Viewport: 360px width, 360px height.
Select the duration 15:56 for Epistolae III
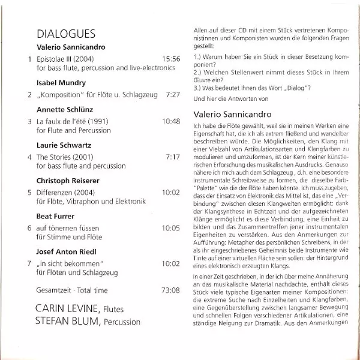coord(171,59)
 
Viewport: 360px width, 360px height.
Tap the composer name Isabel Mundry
coord(61,83)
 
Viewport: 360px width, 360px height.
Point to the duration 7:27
coord(173,95)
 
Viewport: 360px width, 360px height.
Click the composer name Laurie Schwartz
coord(65,144)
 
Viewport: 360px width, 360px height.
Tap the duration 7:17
coord(173,157)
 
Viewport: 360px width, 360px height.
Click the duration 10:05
coord(171,228)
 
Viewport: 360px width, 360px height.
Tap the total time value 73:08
coord(171,290)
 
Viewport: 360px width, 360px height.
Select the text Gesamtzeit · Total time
coord(72,290)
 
